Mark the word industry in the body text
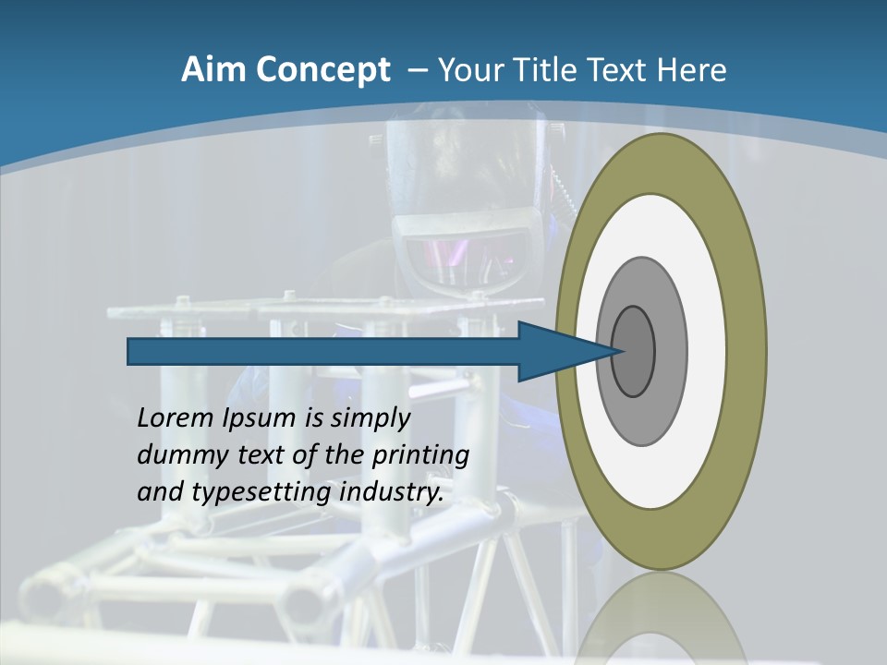click(x=392, y=492)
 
